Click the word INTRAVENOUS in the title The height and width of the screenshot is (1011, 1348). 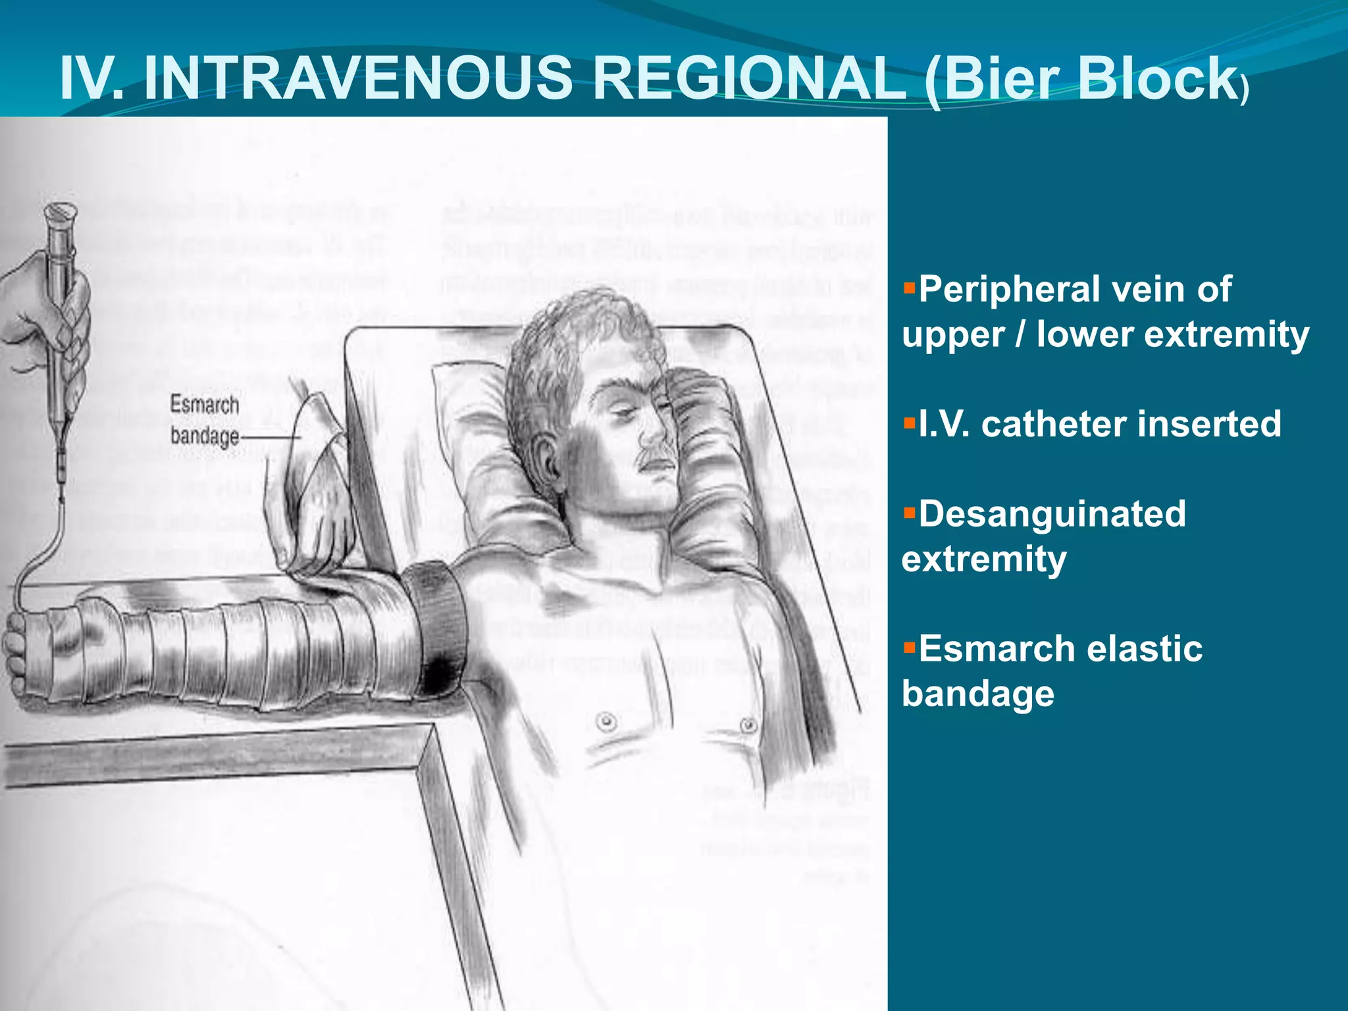click(x=357, y=78)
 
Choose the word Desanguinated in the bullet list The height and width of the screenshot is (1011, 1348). click(x=1052, y=514)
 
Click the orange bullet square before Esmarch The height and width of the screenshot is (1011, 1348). click(x=910, y=648)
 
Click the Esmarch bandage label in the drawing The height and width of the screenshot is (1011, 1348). click(x=204, y=420)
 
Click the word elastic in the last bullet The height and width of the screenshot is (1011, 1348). click(x=1145, y=649)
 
